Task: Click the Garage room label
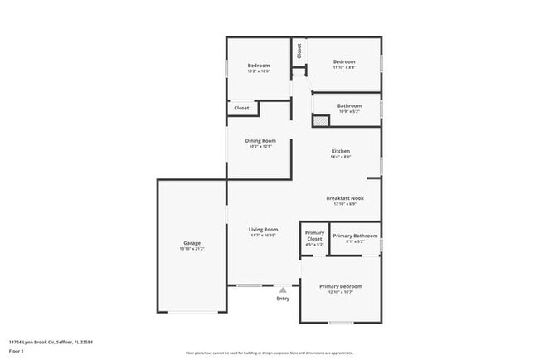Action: (191, 243)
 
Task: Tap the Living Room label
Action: (264, 230)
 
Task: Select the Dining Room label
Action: (260, 140)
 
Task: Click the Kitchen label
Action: (341, 151)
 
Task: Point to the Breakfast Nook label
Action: (344, 198)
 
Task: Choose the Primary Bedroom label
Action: (341, 286)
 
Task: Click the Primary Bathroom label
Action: (355, 236)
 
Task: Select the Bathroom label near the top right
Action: (349, 105)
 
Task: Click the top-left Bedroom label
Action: (259, 66)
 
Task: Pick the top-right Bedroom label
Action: (344, 61)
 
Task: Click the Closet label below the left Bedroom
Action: (241, 108)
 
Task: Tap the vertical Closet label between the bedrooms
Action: (299, 51)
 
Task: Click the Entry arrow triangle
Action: (283, 289)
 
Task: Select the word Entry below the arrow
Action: (283, 299)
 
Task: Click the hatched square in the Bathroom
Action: (320, 120)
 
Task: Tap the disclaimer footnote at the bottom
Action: (269, 353)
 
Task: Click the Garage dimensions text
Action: (191, 249)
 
